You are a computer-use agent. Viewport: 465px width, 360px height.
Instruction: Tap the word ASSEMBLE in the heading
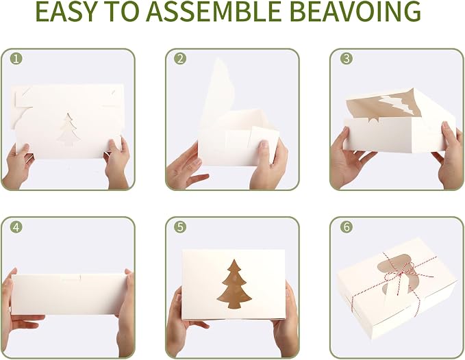pyautogui.click(x=213, y=11)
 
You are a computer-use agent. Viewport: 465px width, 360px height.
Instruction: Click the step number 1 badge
pyautogui.click(x=16, y=59)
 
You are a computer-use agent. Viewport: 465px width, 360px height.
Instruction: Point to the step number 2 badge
pyautogui.click(x=180, y=59)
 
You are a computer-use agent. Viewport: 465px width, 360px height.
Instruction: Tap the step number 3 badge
pyautogui.click(x=346, y=59)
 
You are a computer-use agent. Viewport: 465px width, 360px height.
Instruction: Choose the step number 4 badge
pyautogui.click(x=16, y=227)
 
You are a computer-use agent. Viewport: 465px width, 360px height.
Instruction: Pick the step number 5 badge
pyautogui.click(x=180, y=227)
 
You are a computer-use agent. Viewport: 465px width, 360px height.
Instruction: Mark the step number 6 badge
pyautogui.click(x=346, y=227)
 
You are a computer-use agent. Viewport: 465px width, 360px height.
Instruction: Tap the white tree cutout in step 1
pyautogui.click(x=68, y=130)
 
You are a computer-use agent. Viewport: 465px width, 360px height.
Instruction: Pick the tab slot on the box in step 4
pyautogui.click(x=71, y=278)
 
